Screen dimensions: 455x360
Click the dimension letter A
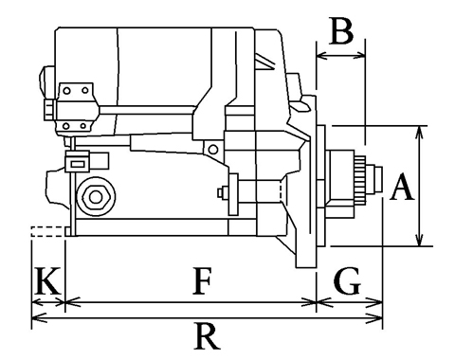(402, 187)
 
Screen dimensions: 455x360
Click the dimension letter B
(341, 31)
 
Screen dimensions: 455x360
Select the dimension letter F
(202, 280)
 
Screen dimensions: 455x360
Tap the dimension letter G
(347, 280)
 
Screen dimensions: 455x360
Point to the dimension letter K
(48, 280)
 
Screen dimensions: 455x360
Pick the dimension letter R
(207, 335)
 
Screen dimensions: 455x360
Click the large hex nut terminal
(96, 197)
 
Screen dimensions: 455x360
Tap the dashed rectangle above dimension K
(47, 231)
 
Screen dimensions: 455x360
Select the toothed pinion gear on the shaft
(360, 178)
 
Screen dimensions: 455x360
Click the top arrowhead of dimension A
(419, 132)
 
